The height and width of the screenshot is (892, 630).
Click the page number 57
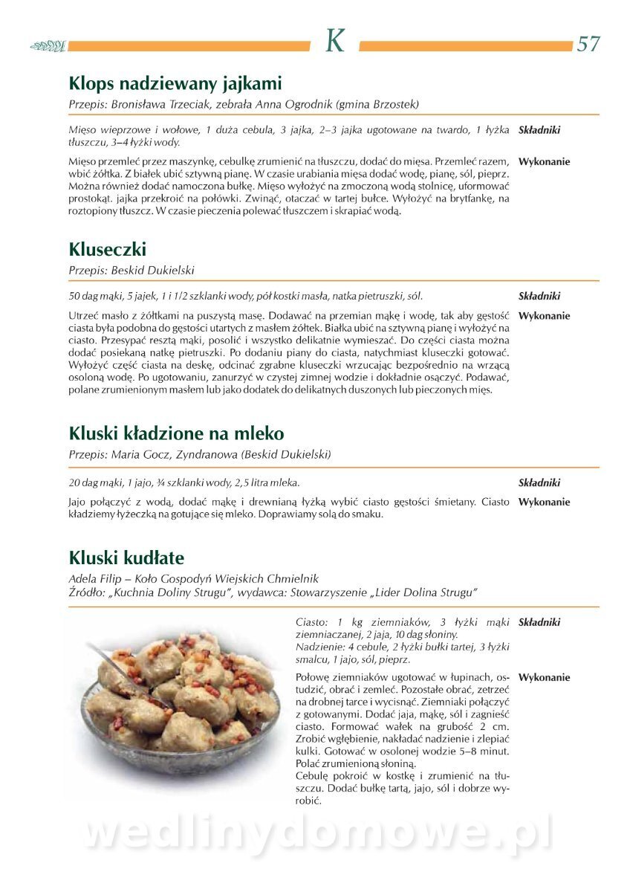588,44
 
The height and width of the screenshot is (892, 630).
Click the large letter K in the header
335,42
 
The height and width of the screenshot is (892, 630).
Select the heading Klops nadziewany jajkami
175,83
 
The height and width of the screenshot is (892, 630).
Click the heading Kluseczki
108,248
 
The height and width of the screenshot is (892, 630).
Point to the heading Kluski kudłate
126,557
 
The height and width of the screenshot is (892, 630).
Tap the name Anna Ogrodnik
295,104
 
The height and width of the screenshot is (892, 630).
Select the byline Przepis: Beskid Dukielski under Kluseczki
131,270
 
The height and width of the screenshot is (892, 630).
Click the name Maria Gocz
140,454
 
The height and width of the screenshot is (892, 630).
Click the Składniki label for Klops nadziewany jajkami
539,130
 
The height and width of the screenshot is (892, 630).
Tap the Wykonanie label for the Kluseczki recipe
544,315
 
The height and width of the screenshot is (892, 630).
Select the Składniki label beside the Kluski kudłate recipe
539,622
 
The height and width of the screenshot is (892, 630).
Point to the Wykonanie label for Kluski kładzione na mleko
544,502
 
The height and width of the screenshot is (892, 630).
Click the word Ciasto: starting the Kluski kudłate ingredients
311,622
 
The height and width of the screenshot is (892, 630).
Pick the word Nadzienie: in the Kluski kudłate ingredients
319,647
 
